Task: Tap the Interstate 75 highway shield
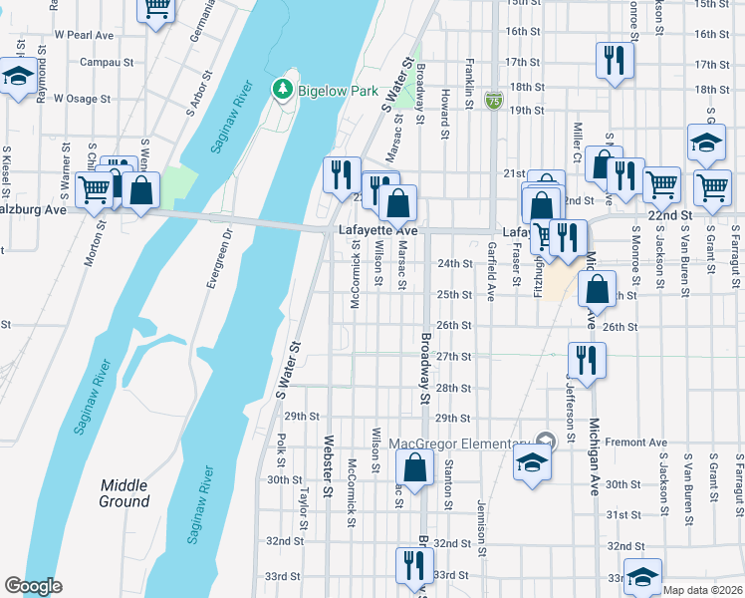point(494,100)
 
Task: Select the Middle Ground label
point(124,493)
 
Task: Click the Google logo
point(33,586)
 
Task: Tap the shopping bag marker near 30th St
point(414,465)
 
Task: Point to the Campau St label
point(107,62)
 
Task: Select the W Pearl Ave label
point(85,34)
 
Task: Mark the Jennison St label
point(482,522)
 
